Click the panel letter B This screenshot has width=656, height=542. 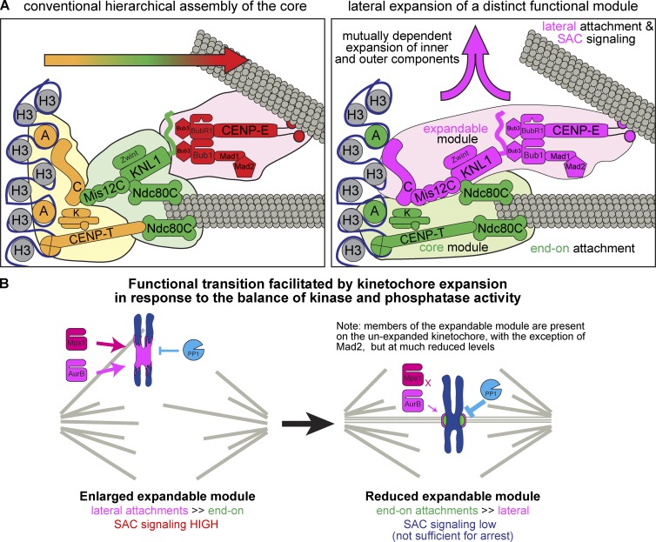pyautogui.click(x=9, y=285)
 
